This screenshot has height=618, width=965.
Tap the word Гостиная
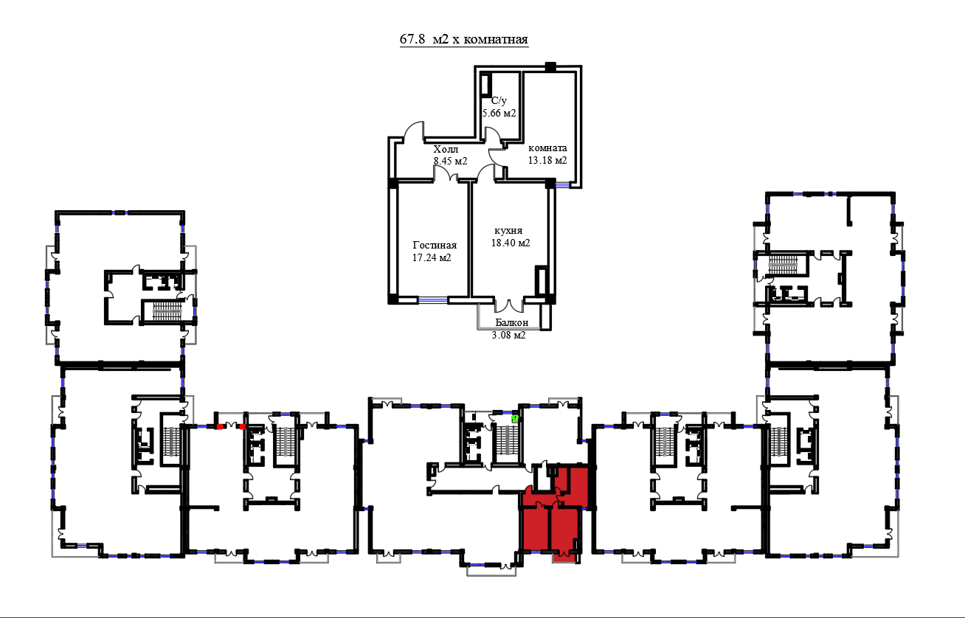point(435,245)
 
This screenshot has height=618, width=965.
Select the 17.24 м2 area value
point(432,257)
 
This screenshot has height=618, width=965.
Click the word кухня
point(508,230)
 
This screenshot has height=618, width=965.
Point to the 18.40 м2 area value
point(511,243)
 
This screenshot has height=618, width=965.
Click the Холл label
point(446,150)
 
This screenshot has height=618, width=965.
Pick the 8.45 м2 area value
point(450,161)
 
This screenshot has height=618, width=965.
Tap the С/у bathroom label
point(499,101)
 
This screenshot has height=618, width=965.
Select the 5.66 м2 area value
point(499,114)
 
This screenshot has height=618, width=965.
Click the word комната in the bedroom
point(547,148)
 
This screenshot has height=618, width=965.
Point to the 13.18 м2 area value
point(547,161)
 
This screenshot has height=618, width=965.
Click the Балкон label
point(511,322)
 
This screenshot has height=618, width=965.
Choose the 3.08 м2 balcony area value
point(509,335)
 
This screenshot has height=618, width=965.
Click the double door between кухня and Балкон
point(509,305)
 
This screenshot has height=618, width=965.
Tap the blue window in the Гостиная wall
point(432,300)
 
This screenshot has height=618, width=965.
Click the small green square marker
point(515,418)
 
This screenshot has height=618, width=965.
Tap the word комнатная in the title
point(497,40)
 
